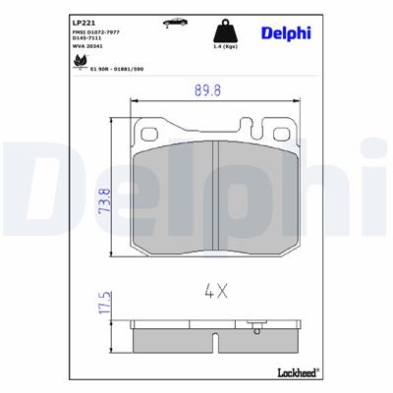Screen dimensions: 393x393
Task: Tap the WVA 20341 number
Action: (x=89, y=47)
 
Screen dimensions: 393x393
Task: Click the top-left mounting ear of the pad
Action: (x=150, y=132)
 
